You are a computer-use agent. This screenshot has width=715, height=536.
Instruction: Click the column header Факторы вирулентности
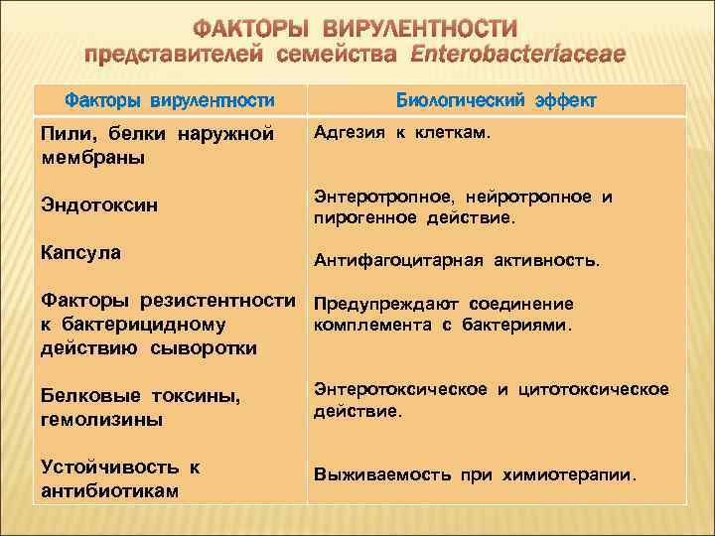tap(169, 101)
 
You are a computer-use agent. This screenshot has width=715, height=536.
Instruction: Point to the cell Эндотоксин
tap(93, 205)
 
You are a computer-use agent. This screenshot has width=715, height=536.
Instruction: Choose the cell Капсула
tap(80, 253)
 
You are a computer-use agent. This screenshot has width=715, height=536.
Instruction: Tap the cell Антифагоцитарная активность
tap(456, 261)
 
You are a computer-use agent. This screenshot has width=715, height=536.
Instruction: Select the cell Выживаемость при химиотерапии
tap(475, 475)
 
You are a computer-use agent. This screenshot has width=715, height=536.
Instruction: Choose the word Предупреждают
tap(376, 304)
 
